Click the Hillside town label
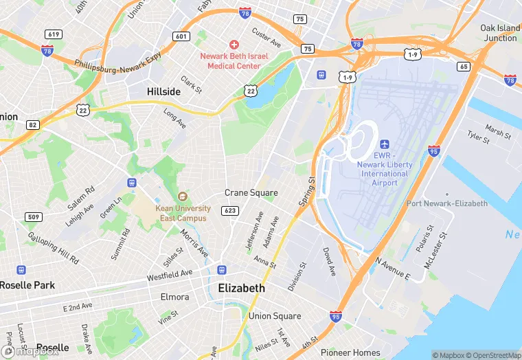tap(163, 91)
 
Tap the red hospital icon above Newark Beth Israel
tap(234, 44)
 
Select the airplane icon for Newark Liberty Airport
tap(384, 144)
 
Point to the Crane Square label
tap(251, 192)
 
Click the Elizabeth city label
tap(241, 288)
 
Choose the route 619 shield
tap(53, 34)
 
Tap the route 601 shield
tap(181, 36)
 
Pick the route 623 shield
tap(231, 210)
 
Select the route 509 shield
tap(33, 218)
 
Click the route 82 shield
tap(32, 124)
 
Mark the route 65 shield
tap(464, 66)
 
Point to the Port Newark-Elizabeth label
tap(446, 203)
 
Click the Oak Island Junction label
tap(499, 33)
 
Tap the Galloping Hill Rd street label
tap(53, 247)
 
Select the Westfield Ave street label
tap(169, 276)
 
